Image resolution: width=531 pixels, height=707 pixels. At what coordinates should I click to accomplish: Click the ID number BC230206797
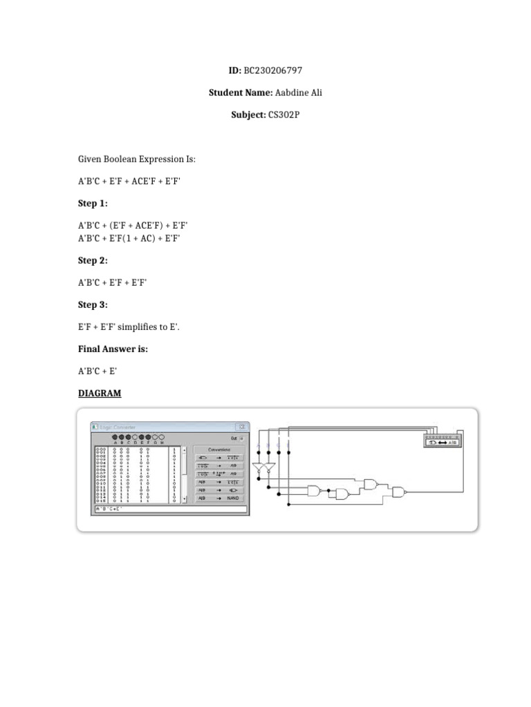273,70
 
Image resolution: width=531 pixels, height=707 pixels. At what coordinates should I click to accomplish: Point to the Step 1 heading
93,204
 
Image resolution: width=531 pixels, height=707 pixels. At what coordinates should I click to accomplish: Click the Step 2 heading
93,261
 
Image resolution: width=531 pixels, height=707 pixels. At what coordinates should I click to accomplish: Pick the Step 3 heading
93,305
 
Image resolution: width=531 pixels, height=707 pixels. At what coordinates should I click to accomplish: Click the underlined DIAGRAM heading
99,394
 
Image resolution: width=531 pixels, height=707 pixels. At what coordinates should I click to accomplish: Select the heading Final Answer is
113,349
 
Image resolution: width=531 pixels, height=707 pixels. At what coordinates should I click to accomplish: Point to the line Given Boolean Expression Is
137,159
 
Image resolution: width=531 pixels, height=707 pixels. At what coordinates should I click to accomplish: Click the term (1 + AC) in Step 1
145,239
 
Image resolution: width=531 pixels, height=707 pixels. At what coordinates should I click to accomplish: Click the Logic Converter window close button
242,427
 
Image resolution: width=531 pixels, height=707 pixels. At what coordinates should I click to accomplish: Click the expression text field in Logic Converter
169,510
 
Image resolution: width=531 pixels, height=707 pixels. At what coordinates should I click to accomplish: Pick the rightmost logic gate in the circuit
399,491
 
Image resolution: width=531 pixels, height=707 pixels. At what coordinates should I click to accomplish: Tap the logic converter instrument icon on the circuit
442,440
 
